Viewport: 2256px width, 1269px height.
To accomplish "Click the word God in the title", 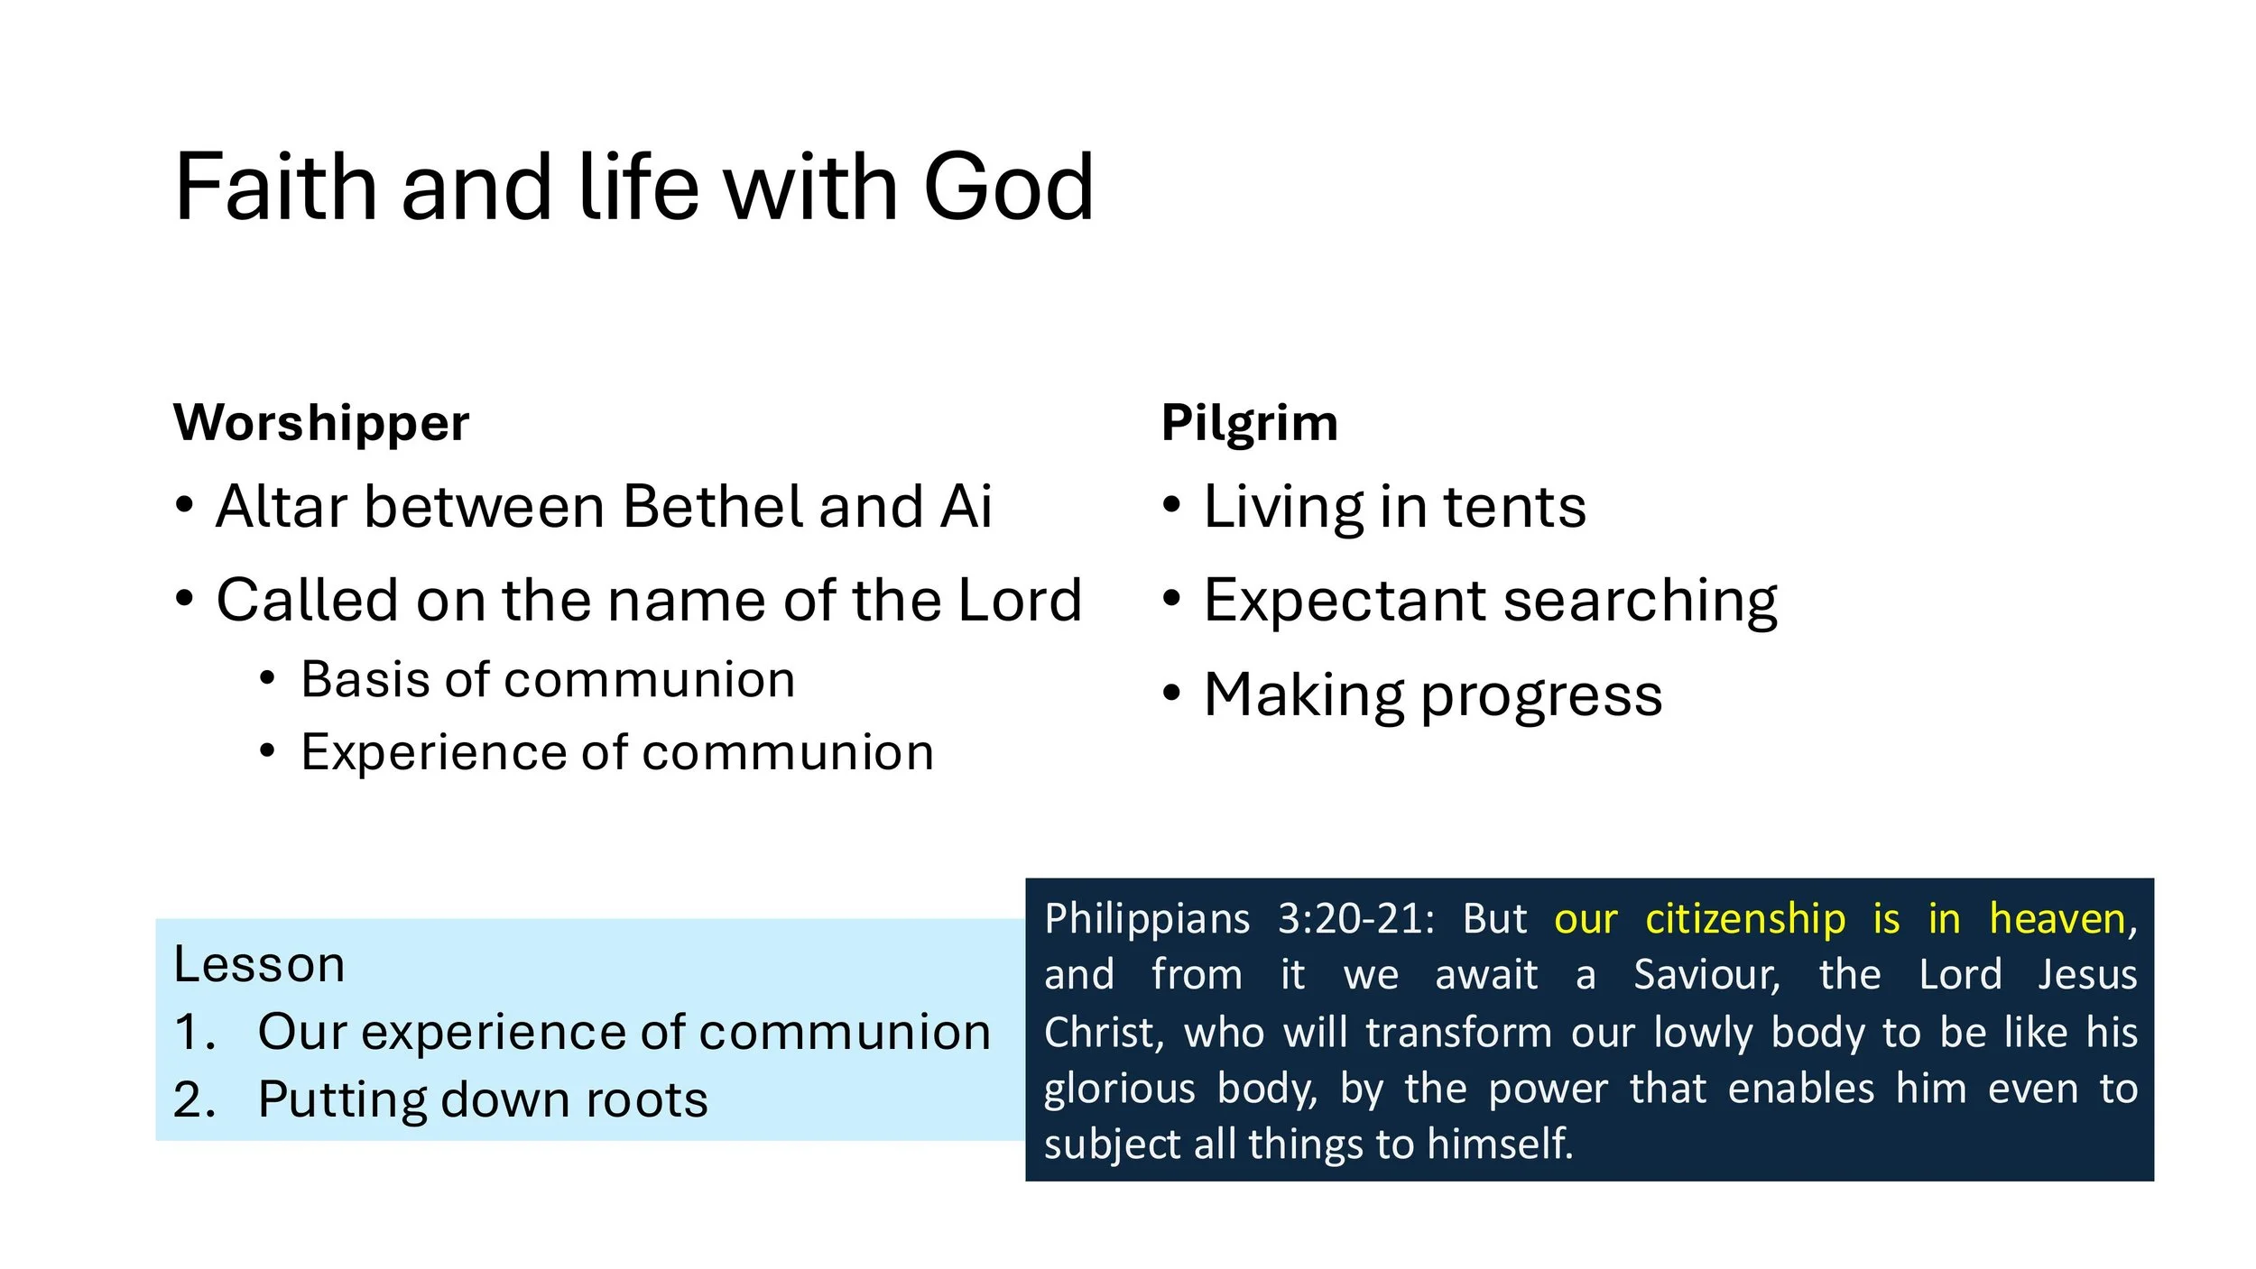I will [1008, 188].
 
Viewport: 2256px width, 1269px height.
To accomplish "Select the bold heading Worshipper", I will [321, 423].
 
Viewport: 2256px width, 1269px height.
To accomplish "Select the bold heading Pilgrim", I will [1249, 423].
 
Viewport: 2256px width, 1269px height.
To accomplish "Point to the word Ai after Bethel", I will [966, 507].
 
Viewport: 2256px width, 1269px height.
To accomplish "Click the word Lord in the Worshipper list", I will [1020, 601].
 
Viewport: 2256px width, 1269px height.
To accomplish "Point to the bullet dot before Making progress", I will [1171, 694].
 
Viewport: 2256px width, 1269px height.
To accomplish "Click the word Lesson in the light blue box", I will [259, 965].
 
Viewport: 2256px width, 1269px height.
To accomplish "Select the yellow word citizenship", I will [1745, 919].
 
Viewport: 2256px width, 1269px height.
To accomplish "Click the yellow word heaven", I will [2057, 919].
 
